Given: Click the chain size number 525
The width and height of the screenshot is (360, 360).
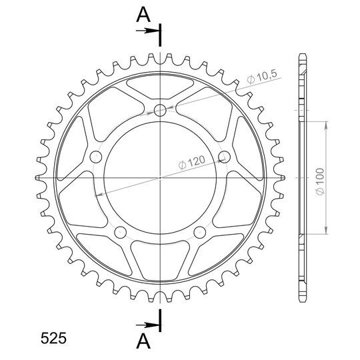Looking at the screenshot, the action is click(x=53, y=338).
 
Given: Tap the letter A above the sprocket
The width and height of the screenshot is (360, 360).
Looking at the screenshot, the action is click(x=143, y=15).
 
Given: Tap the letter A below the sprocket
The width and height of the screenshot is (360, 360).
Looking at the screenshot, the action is click(x=143, y=341).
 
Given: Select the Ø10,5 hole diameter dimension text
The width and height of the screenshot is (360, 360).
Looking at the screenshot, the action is click(x=262, y=77).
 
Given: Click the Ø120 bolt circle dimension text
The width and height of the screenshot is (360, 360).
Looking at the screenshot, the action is click(x=191, y=162).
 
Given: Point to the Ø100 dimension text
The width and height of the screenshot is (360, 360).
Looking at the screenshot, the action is click(x=320, y=181).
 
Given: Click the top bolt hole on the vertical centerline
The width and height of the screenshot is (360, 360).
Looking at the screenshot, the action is click(x=160, y=111).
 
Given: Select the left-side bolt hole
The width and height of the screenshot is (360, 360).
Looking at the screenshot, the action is click(x=96, y=157).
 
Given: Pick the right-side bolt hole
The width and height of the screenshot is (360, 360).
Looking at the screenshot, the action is click(x=224, y=157).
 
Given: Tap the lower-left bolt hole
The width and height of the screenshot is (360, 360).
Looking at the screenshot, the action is click(x=120, y=233).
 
